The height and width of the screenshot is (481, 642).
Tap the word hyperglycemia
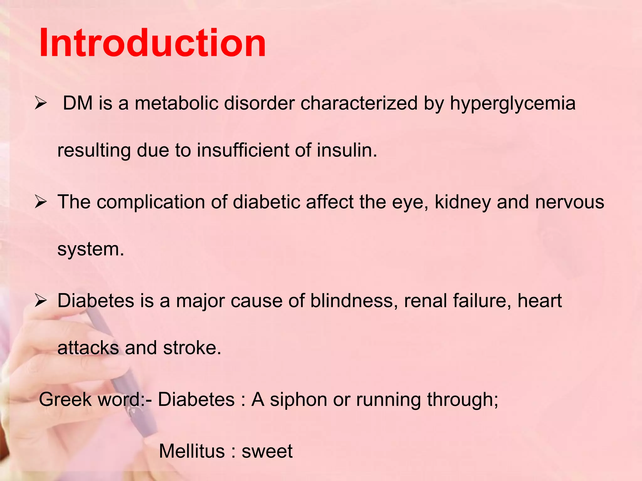[x=513, y=103]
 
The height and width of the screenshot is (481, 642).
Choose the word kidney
[x=462, y=202]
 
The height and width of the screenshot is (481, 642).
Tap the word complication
[x=151, y=202]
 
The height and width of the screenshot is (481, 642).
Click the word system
[x=91, y=249]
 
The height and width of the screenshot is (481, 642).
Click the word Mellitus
[x=192, y=451]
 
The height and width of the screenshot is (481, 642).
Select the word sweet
[x=267, y=451]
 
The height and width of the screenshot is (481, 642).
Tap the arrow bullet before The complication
[x=41, y=202]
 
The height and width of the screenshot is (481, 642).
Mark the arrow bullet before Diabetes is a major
[x=41, y=301]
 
